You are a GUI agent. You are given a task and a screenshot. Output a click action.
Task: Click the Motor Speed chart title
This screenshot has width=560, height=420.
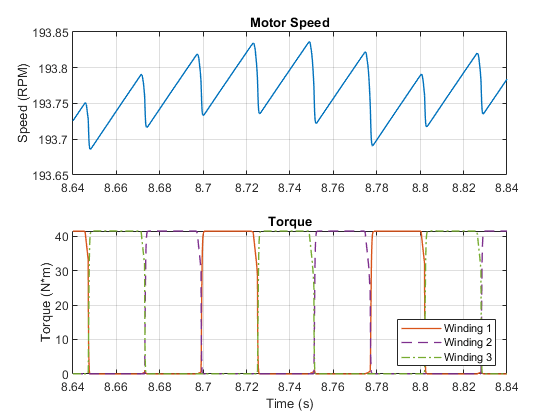pos(290,22)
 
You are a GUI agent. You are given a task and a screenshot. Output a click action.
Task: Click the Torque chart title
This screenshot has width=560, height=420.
pos(290,221)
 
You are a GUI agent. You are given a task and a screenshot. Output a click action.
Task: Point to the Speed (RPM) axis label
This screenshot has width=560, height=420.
pos(23,103)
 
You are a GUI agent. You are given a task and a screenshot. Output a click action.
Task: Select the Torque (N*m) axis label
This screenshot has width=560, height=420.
pos(46,302)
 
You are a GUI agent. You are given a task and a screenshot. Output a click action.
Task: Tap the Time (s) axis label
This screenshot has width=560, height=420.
pos(290,404)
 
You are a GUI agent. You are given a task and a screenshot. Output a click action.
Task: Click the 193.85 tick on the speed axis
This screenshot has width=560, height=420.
pos(50,33)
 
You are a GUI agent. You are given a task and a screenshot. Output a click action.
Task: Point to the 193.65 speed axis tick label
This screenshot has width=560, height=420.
pos(50,175)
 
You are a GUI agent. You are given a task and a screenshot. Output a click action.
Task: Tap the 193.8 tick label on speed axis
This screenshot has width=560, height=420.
pos(53,68)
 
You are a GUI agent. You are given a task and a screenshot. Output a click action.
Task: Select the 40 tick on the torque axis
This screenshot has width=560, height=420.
pos(61,236)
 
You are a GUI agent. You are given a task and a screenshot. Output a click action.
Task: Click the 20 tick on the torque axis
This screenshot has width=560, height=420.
pos(61,305)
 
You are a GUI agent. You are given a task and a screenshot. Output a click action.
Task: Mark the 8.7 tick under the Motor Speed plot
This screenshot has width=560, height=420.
pos(203,188)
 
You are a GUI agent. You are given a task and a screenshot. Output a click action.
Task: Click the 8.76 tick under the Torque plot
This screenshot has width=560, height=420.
pos(333,387)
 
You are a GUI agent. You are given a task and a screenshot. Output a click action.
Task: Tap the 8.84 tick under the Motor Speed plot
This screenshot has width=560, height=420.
pos(506,188)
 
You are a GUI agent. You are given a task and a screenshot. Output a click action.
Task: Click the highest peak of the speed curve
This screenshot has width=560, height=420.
pos(309,42)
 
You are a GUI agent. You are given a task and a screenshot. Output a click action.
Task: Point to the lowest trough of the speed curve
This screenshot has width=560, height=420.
pos(90,149)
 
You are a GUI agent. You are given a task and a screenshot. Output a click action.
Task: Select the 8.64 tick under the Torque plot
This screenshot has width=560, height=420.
pos(73,387)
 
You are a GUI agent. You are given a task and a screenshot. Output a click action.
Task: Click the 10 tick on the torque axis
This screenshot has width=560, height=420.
pos(61,340)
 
